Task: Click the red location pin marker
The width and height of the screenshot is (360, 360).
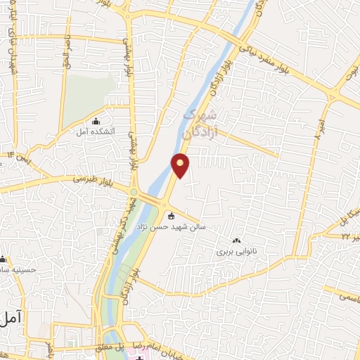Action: click(181, 165)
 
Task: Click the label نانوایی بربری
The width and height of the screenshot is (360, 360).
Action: click(233, 250)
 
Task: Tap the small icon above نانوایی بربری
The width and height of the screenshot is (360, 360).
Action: click(236, 240)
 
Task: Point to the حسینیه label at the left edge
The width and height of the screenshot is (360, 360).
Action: click(21, 269)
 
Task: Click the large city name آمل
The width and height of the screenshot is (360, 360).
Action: click(12, 319)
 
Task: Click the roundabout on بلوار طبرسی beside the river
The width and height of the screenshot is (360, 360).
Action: click(134, 191)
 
